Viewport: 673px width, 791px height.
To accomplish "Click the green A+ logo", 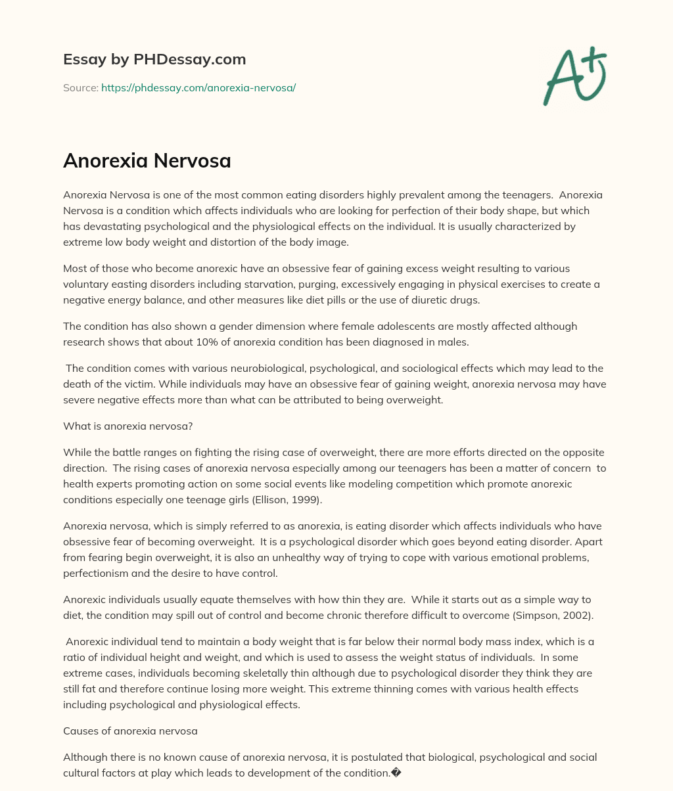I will tap(574, 76).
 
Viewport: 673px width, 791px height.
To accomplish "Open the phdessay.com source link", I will tap(198, 87).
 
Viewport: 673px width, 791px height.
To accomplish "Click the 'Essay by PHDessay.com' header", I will tap(154, 59).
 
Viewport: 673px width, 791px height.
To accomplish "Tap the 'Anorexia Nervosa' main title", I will tap(147, 160).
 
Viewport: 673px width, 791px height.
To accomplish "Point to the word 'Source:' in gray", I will tap(80, 87).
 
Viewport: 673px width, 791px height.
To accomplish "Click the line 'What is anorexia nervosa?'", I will tap(128, 426).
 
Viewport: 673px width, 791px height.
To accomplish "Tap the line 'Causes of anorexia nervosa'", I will tap(130, 731).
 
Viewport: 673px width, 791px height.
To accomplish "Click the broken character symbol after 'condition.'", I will tap(396, 773).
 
